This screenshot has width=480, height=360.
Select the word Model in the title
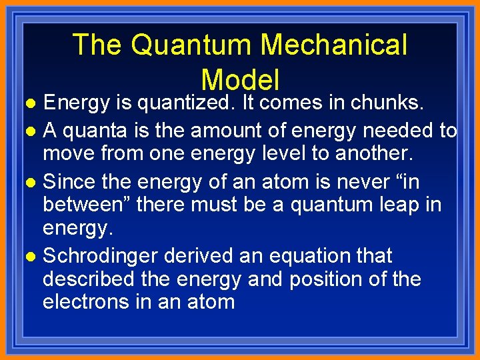coord(240,80)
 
